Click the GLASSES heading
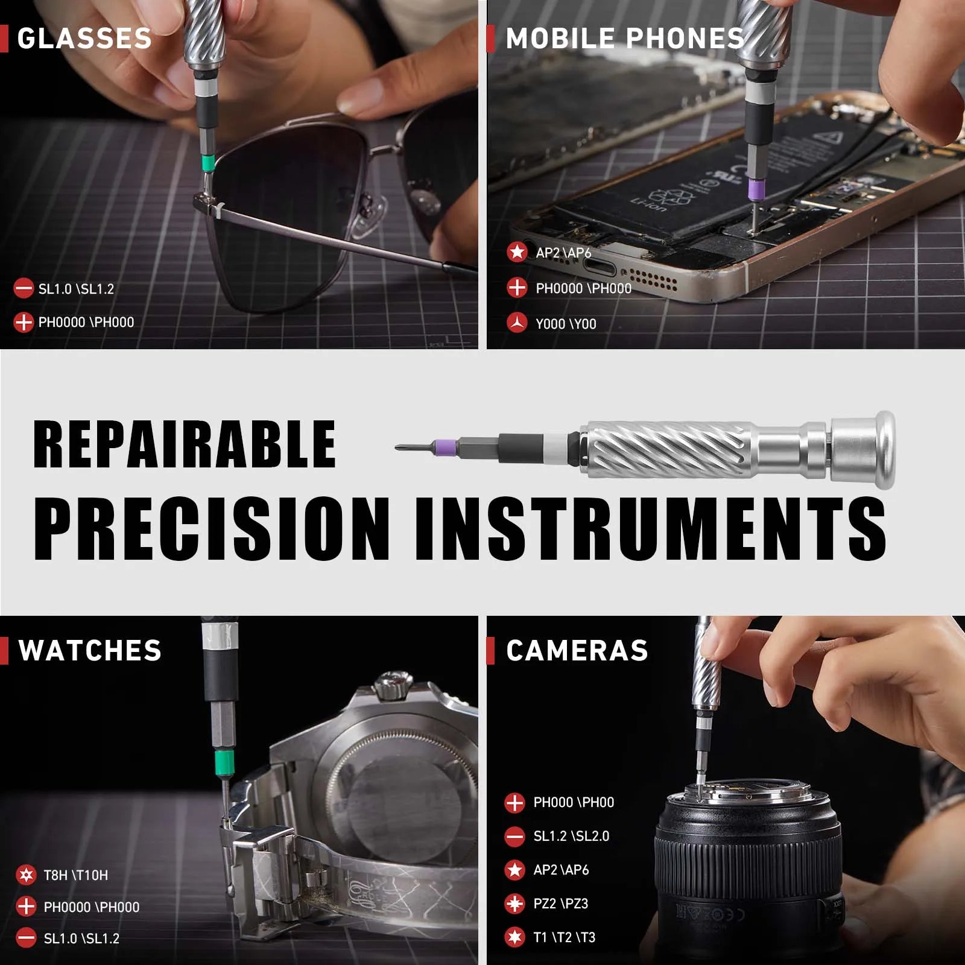(84, 39)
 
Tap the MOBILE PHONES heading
(624, 39)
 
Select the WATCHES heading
(90, 651)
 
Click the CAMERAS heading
(577, 651)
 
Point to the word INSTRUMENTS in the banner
(650, 529)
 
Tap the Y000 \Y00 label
(565, 324)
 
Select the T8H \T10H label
(75, 875)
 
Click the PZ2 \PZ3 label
(560, 903)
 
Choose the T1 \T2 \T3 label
(564, 937)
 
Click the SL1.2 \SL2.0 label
(571, 836)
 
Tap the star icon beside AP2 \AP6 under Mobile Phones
(517, 252)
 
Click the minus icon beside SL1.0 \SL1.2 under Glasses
(24, 288)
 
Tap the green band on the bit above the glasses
(209, 162)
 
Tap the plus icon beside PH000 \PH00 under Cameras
(514, 803)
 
